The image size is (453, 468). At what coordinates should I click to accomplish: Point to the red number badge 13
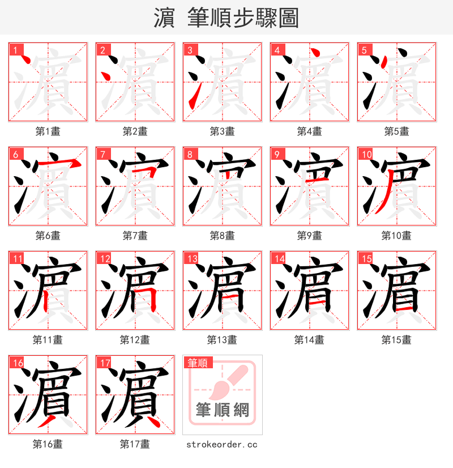[x=192, y=258]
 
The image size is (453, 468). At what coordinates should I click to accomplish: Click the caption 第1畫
[x=48, y=131]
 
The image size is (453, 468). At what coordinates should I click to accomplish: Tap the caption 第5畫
[x=396, y=131]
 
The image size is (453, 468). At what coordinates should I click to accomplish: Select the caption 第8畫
[x=222, y=236]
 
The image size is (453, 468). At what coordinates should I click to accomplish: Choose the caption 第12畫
[x=135, y=340]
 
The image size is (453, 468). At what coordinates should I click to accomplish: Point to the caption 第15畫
[x=396, y=340]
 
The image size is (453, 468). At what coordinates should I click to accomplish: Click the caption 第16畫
[x=48, y=444]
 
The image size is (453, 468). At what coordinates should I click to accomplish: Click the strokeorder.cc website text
[x=222, y=444]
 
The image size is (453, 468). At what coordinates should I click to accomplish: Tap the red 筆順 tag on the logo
[x=198, y=363]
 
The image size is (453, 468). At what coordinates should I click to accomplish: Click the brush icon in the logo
[x=229, y=382]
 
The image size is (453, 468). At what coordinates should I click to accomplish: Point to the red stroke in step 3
[x=193, y=99]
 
